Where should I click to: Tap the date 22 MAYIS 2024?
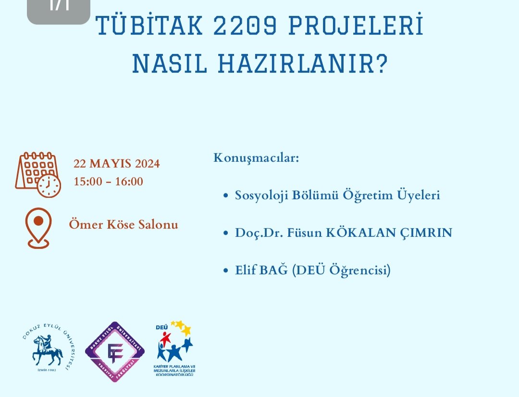pyautogui.click(x=117, y=164)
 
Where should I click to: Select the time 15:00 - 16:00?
pyautogui.click(x=108, y=181)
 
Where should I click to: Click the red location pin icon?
pyautogui.click(x=38, y=228)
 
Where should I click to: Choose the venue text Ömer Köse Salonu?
pyautogui.click(x=124, y=224)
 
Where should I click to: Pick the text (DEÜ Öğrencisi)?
pyautogui.click(x=341, y=271)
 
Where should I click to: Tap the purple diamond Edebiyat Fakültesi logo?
pyautogui.click(x=115, y=352)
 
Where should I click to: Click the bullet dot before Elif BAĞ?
pyautogui.click(x=226, y=271)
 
